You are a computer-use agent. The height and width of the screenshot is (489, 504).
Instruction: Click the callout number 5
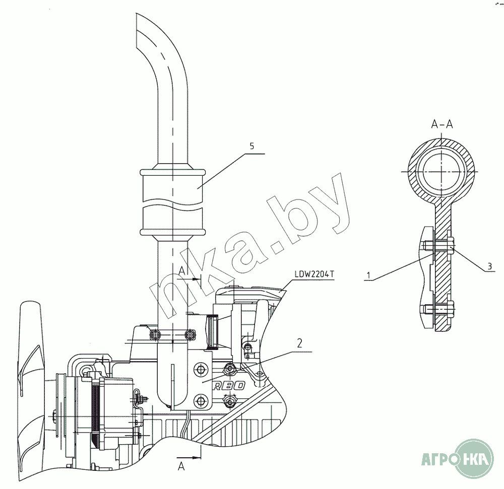(x=251, y=146)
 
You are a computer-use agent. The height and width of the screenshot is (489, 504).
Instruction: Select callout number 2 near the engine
(x=299, y=343)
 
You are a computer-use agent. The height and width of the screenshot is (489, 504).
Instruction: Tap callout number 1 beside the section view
(x=369, y=275)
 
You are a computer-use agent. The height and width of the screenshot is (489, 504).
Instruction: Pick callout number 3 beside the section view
(x=489, y=266)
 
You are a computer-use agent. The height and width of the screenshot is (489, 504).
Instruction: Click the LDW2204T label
(x=314, y=274)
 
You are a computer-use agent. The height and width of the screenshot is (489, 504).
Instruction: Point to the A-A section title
(x=442, y=124)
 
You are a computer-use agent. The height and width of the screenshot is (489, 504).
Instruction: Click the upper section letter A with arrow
(x=182, y=271)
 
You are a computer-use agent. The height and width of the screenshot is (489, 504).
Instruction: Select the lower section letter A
(x=181, y=466)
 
